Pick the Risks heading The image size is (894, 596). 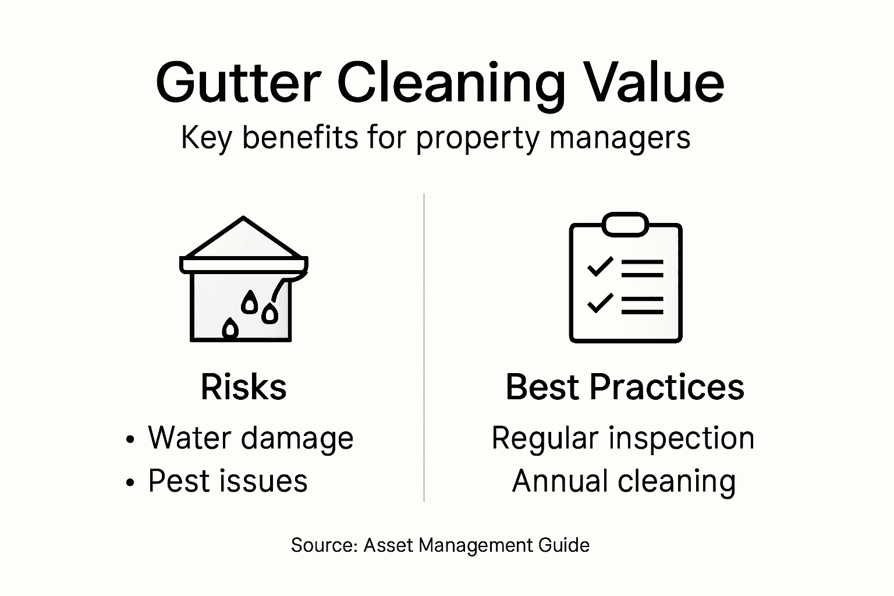(243, 387)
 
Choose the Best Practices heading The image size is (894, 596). (625, 387)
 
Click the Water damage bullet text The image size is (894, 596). (250, 438)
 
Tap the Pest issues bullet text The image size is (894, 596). (228, 481)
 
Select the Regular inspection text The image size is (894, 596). (623, 438)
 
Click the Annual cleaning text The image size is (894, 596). (624, 481)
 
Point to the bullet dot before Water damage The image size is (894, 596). (130, 439)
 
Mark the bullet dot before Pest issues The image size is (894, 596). (130, 483)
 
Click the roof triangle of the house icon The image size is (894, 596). (243, 240)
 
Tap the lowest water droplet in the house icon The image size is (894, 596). (231, 329)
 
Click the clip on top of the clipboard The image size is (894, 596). (625, 224)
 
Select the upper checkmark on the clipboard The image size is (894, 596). (600, 266)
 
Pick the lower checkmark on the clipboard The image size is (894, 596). (600, 303)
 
